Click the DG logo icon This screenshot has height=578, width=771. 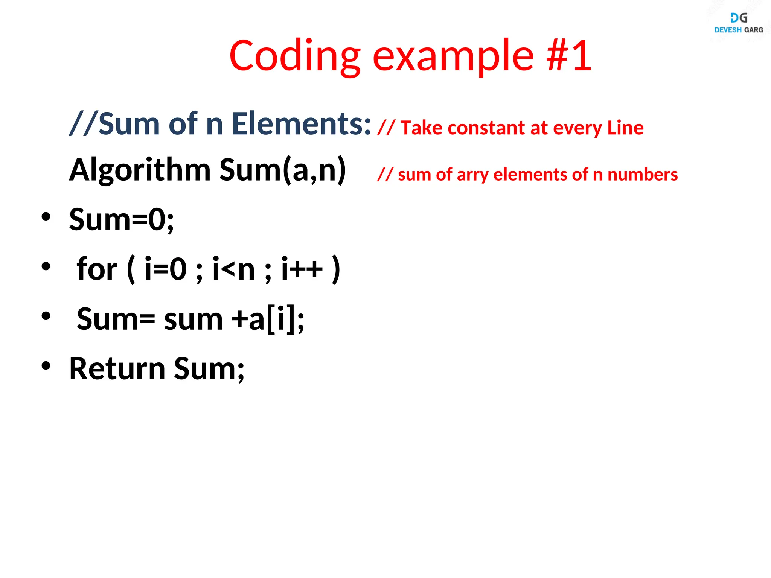click(x=739, y=18)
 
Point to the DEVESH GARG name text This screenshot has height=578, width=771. click(x=739, y=30)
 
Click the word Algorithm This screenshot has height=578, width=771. click(x=140, y=170)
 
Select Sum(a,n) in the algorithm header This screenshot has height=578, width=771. click(x=282, y=170)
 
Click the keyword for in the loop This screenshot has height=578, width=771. click(x=97, y=269)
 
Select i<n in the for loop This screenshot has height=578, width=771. click(x=234, y=269)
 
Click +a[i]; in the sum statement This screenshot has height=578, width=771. click(x=268, y=319)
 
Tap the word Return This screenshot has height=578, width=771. click(x=117, y=369)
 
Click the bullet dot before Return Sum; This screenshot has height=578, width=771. click(x=46, y=366)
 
